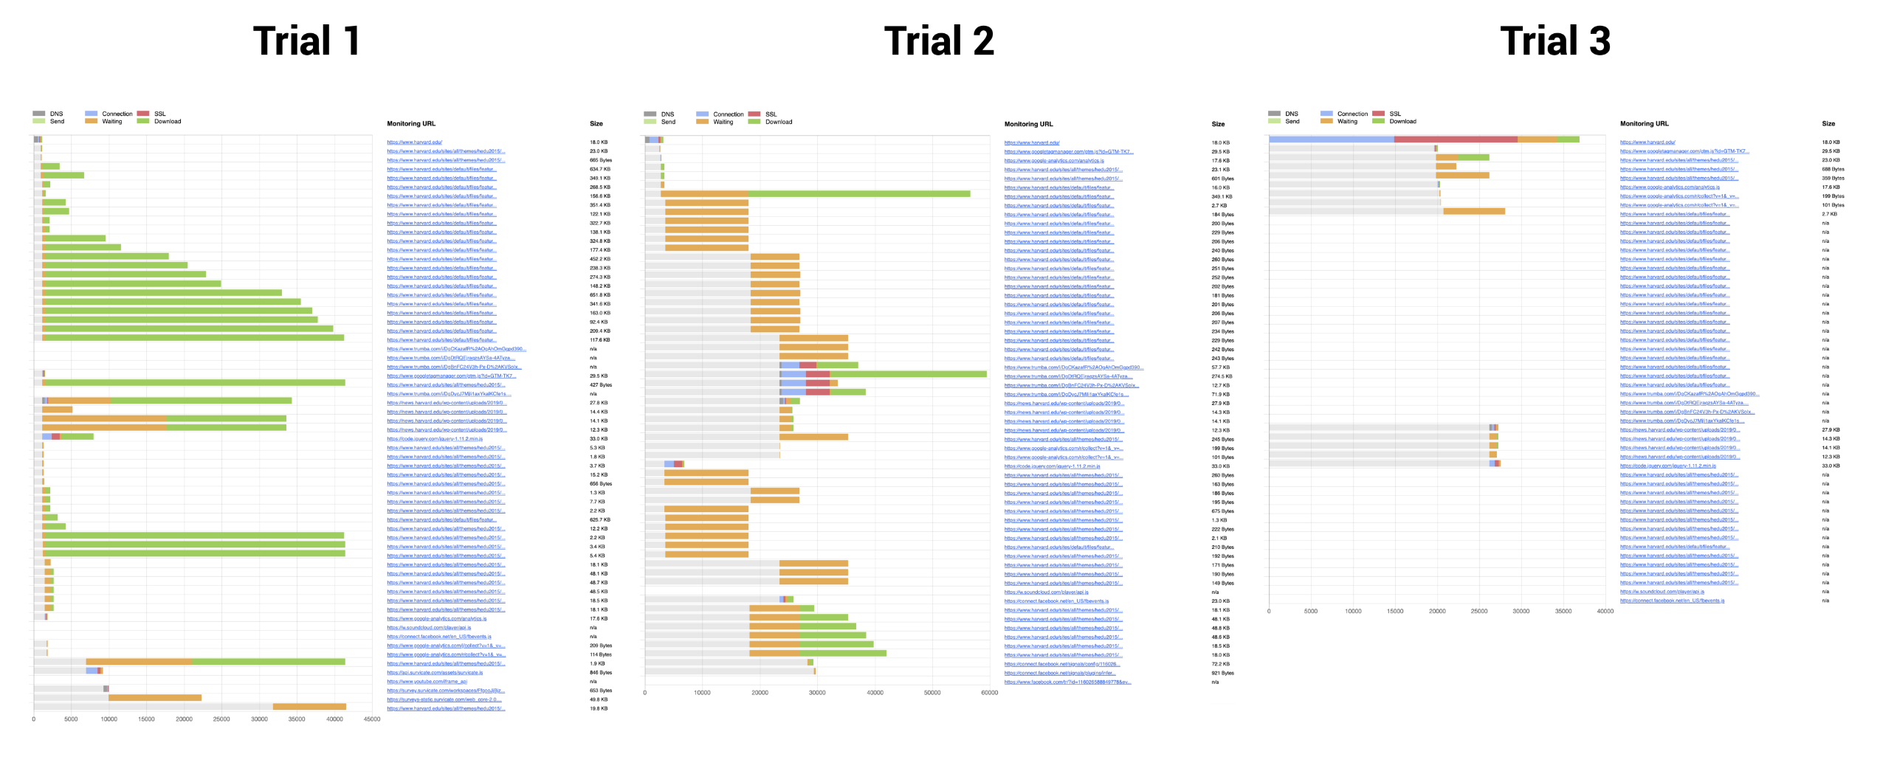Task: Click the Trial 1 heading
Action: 306,41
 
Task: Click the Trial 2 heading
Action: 939,41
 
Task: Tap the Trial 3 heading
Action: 1555,41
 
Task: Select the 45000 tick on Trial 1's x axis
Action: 372,719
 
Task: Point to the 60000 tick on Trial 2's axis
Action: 989,692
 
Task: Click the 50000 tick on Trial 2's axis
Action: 932,692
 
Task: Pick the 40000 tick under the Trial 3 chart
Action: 1605,611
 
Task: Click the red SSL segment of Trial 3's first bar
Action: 1455,139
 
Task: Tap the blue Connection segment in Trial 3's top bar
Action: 1331,139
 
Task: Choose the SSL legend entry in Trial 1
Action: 159,114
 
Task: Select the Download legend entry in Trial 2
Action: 778,122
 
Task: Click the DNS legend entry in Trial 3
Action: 1291,114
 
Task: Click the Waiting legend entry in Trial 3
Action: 1347,121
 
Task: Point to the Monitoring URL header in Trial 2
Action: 1028,124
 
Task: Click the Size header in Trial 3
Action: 1828,123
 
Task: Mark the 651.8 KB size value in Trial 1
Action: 599,295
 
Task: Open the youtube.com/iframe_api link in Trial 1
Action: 427,682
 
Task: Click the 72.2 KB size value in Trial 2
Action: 1220,664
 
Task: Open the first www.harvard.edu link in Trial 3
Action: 1647,142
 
